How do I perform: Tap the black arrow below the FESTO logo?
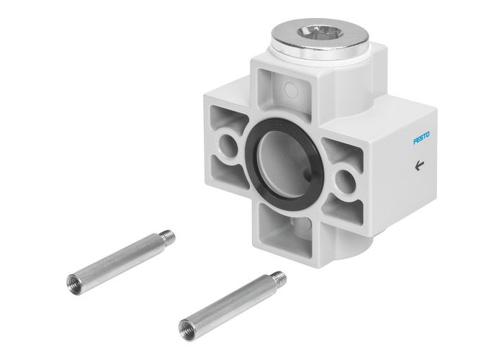(x=419, y=165)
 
